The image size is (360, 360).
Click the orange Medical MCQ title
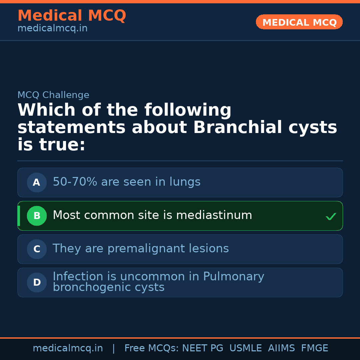point(72,16)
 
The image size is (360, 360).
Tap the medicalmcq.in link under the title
point(52,29)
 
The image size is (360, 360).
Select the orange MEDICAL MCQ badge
point(299,22)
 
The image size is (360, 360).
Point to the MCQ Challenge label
point(53,95)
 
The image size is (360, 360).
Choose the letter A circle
point(37,183)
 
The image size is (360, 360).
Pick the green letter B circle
point(37,216)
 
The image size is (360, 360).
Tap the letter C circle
point(37,249)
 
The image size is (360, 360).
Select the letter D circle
point(37,283)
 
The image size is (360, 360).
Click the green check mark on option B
point(331,217)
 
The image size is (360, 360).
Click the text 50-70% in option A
point(75,182)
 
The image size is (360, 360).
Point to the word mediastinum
point(214,215)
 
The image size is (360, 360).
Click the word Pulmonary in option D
point(233,277)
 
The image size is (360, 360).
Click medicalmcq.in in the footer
point(68,348)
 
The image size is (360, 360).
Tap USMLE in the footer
point(245,348)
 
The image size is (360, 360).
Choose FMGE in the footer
point(314,348)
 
